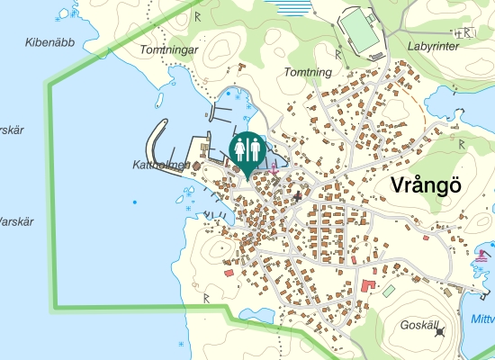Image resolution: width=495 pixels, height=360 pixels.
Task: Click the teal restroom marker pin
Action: pyautogui.click(x=247, y=151)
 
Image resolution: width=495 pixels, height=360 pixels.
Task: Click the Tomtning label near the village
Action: pyautogui.click(x=308, y=71)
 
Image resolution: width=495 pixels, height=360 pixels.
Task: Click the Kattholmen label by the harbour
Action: pyautogui.click(x=161, y=165)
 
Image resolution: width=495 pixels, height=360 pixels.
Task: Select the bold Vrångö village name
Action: pyautogui.click(x=427, y=185)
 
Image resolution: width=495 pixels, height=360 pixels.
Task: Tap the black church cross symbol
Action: pyautogui.click(x=298, y=193)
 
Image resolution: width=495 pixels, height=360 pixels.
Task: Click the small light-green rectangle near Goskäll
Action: pyautogui.click(x=388, y=291)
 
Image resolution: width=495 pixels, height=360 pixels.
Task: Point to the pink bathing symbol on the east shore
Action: pyautogui.click(x=479, y=256)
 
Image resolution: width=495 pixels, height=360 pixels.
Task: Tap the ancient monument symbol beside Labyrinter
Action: pyautogui.click(x=466, y=33)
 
